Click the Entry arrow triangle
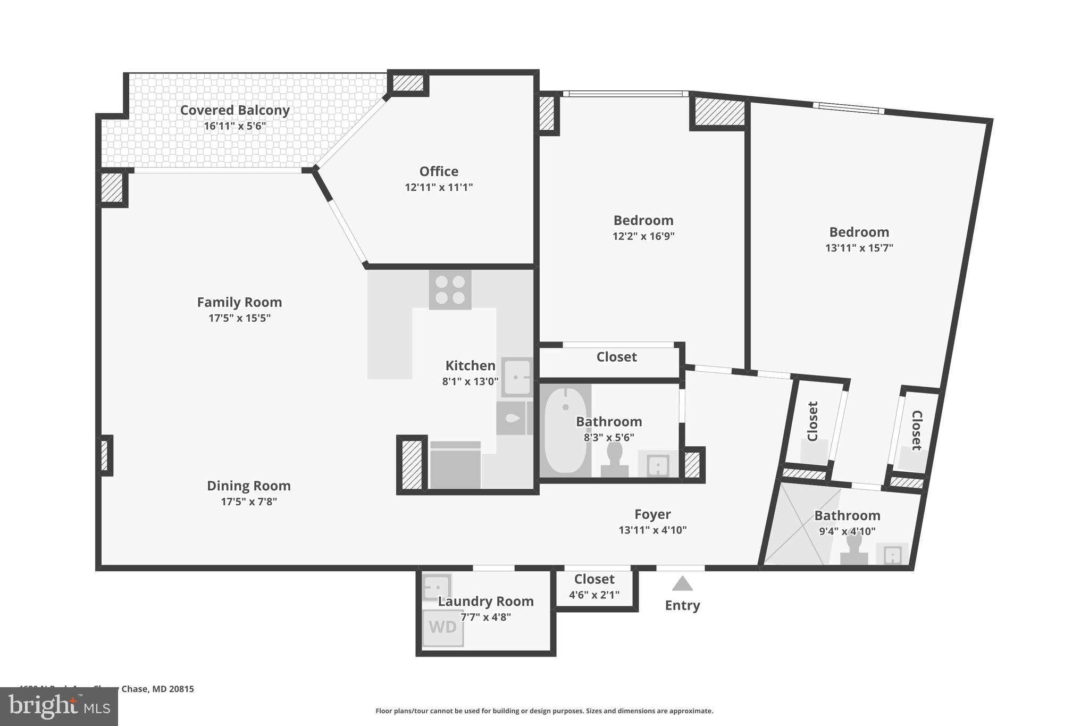[x=682, y=584]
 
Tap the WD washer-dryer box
[x=443, y=628]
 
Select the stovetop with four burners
[x=450, y=290]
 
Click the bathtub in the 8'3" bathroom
[x=565, y=431]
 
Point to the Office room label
[x=439, y=171]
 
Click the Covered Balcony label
[x=234, y=110]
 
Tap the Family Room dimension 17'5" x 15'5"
[x=239, y=318]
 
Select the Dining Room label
[x=248, y=486]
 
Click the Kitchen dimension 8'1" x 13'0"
[x=470, y=381]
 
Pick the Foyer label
[x=652, y=514]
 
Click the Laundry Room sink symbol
[x=437, y=587]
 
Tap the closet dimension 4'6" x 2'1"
[x=594, y=595]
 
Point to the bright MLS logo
[x=58, y=707]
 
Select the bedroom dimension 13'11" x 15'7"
[x=859, y=248]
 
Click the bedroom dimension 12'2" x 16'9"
[x=643, y=236]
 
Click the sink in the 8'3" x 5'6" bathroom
[x=658, y=466]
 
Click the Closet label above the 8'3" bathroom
[x=616, y=357]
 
